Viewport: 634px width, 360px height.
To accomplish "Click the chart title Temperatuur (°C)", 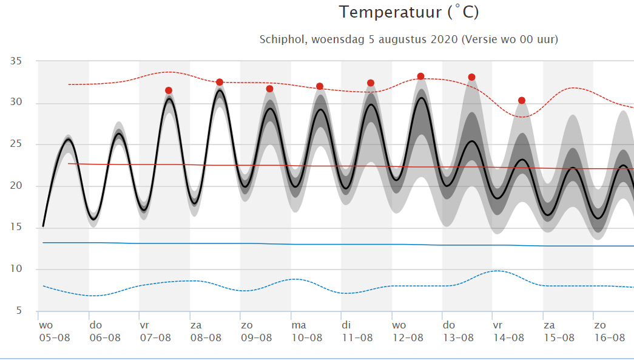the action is tap(409, 12).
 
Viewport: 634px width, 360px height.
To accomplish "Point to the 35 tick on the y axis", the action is tap(16, 61).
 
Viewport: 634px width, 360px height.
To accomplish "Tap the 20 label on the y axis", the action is tap(16, 186).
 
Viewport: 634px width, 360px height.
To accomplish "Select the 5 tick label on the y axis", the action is tap(19, 311).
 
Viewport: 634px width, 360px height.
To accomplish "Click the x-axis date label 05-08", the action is tap(55, 338).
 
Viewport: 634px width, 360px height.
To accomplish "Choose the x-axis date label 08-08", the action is tap(206, 338).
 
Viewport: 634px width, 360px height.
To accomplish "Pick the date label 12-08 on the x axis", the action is tap(408, 338).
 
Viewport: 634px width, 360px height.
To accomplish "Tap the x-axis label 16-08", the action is tap(610, 338).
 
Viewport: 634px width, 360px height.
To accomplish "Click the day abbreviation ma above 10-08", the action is tap(299, 325).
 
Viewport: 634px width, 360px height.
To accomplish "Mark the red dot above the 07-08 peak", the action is tap(169, 90).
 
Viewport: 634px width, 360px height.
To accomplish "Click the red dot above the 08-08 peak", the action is tap(220, 82).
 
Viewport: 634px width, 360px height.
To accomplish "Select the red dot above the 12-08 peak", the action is tap(420, 76).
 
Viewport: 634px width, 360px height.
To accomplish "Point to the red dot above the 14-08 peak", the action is tap(522, 100).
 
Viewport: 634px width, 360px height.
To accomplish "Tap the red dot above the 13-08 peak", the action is tap(471, 77).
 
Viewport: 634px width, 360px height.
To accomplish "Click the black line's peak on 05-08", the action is tap(69, 140).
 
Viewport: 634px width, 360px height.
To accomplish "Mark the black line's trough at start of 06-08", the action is tap(93, 219).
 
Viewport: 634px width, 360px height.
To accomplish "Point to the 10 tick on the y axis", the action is tap(16, 269).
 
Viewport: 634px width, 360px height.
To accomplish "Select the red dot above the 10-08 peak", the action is tap(319, 86).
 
